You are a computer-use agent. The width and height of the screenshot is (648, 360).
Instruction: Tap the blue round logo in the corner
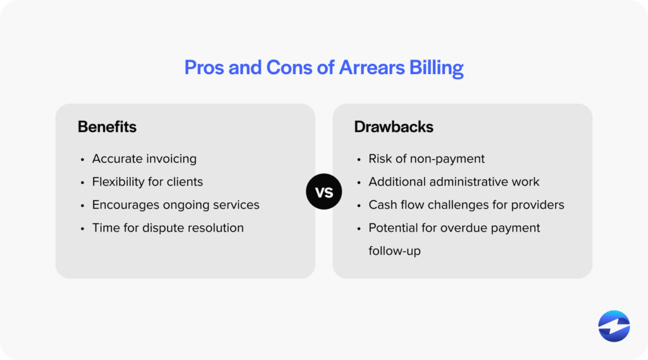click(614, 326)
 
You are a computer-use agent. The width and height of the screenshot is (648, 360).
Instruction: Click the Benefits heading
click(107, 127)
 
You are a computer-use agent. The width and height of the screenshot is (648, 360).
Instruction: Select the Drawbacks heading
click(394, 127)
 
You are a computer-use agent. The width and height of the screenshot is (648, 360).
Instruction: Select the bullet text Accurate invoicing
click(144, 159)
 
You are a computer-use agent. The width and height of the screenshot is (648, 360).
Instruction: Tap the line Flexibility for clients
click(147, 182)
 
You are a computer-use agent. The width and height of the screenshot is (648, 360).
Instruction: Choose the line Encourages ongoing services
click(175, 205)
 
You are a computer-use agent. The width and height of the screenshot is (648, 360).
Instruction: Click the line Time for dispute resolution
click(168, 228)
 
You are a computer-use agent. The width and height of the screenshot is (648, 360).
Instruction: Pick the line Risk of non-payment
click(427, 159)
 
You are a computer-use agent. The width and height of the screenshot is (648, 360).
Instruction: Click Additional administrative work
click(454, 182)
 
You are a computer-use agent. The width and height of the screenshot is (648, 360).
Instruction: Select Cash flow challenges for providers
click(466, 205)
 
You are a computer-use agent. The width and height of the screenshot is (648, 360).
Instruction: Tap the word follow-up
click(395, 251)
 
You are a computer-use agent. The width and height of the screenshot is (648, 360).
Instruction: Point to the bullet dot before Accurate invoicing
click(82, 159)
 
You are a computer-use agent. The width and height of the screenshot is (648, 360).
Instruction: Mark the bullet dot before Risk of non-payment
click(359, 159)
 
